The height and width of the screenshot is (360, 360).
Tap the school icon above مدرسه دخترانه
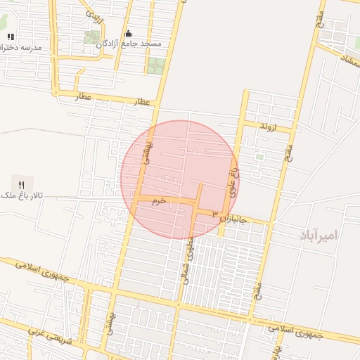tap(10, 37)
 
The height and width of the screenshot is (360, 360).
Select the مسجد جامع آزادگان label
tap(139, 44)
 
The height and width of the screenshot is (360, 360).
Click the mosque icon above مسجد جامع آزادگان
tap(128, 33)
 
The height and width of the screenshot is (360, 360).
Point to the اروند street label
tap(269, 127)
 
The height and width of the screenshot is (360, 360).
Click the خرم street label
tap(160, 201)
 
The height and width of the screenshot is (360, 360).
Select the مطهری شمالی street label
tap(188, 251)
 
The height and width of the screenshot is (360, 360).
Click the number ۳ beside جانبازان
tap(215, 212)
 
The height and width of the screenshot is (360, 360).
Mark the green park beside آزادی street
tap(92, 37)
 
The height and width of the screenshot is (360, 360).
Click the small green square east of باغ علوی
tap(259, 157)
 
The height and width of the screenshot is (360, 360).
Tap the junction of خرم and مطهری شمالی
tap(195, 203)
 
